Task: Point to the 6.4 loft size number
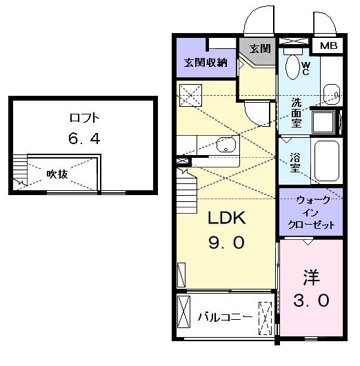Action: pyautogui.click(x=84, y=139)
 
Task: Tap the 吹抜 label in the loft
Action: pyautogui.click(x=57, y=174)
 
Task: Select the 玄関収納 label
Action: pyautogui.click(x=206, y=63)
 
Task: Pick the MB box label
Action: pyautogui.click(x=328, y=46)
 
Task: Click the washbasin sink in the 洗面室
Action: pyautogui.click(x=331, y=92)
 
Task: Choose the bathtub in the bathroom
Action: pyautogui.click(x=326, y=161)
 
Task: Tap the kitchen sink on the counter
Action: pyautogui.click(x=225, y=145)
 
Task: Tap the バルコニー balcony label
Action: pyautogui.click(x=223, y=318)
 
